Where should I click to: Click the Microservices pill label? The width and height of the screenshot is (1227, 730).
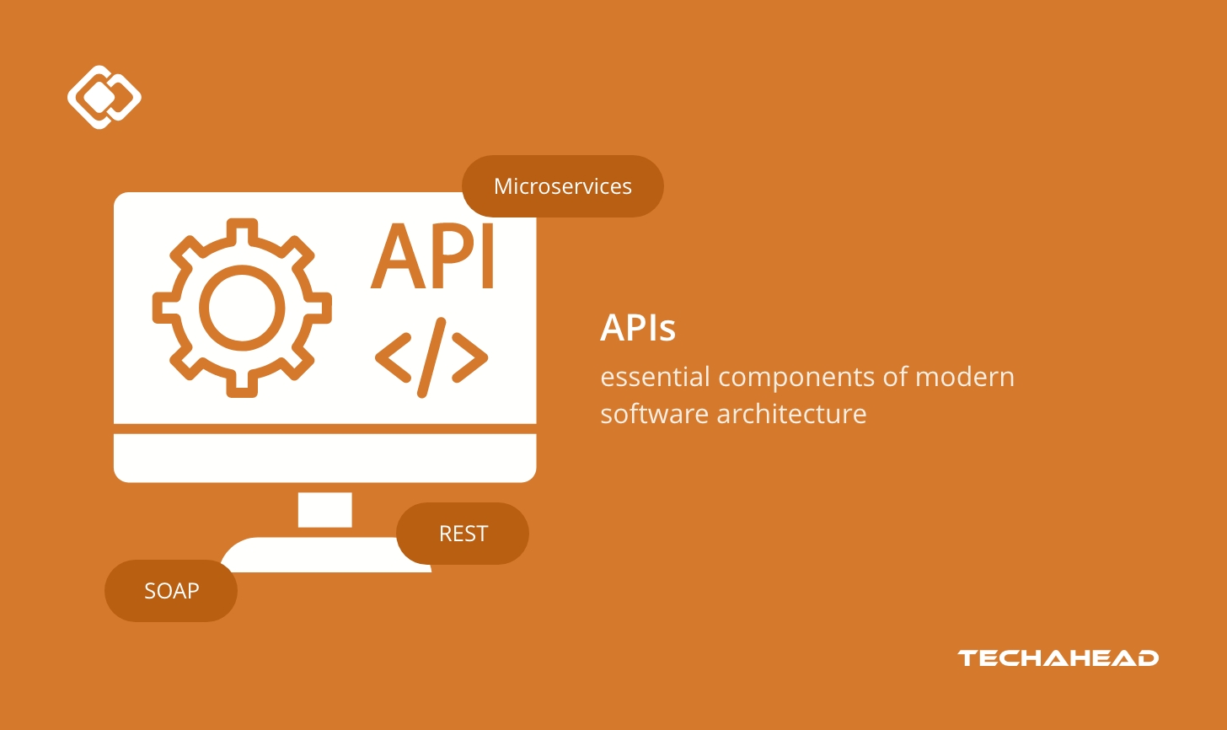pyautogui.click(x=562, y=186)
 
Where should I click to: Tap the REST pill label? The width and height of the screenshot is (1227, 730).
pyautogui.click(x=463, y=534)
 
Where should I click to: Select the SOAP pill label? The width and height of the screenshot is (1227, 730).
pyautogui.click(x=171, y=591)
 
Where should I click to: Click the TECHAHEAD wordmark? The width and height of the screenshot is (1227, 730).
pyautogui.click(x=1058, y=658)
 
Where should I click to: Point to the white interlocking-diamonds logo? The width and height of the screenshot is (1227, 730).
pyautogui.click(x=104, y=97)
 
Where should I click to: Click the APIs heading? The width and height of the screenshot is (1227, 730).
pyautogui.click(x=638, y=327)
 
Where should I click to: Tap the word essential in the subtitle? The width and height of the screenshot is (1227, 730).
pyautogui.click(x=655, y=377)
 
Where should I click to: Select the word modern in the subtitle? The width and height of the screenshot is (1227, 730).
pyautogui.click(x=965, y=377)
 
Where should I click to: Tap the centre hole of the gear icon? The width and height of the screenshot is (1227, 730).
pyautogui.click(x=243, y=308)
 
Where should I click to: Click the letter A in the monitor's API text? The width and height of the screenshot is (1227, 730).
pyautogui.click(x=399, y=257)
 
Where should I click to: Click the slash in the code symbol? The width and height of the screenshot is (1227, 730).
pyautogui.click(x=431, y=357)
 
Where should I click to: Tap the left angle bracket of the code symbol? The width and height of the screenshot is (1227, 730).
pyautogui.click(x=391, y=357)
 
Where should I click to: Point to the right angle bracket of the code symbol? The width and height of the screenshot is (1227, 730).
pyautogui.click(x=470, y=357)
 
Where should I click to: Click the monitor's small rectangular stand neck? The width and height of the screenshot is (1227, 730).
pyautogui.click(x=324, y=509)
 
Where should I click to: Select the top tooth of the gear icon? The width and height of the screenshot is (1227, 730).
pyautogui.click(x=243, y=230)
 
